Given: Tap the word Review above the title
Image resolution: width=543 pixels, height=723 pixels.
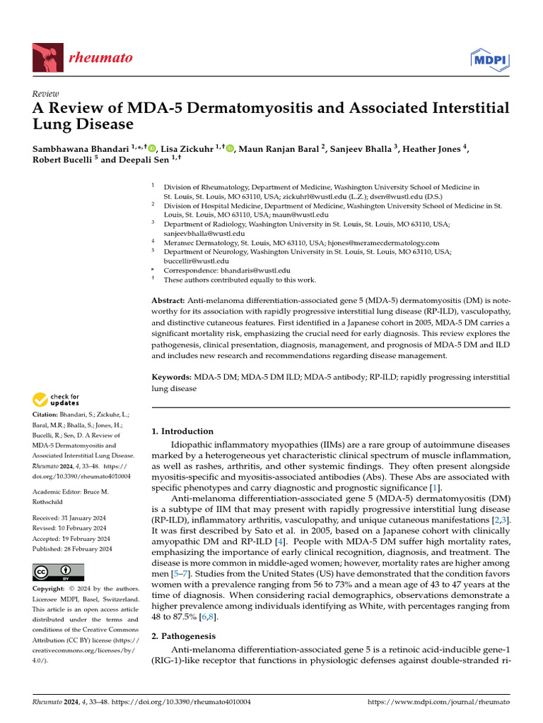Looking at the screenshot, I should click(x=46, y=94).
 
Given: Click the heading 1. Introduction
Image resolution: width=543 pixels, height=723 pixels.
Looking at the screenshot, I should click(x=183, y=431).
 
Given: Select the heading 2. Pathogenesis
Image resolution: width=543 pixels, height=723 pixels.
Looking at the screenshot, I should click(x=185, y=635).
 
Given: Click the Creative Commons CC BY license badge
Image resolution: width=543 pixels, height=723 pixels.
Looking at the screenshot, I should click(x=59, y=571).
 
